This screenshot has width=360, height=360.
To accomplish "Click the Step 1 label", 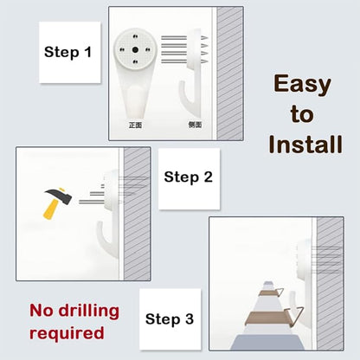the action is point(67,52).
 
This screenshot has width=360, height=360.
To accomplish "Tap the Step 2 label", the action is point(188,177).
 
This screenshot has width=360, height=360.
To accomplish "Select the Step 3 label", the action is point(170,319).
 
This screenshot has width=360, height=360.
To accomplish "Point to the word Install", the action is point(305,145).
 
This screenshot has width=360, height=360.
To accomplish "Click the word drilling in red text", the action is point(89,312).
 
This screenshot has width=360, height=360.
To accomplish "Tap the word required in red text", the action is point(67,333).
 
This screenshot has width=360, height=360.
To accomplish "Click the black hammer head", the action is point(59,196).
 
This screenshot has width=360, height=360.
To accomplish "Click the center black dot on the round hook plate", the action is point(135,50).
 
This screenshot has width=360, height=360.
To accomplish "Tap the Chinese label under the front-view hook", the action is point(135,125).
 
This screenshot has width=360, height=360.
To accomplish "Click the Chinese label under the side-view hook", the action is point(195,125).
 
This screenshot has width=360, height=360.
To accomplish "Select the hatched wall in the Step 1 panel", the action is point(229,74).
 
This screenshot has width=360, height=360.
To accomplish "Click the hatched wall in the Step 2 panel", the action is point(137,214).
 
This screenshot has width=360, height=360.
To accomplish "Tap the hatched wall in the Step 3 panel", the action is point(330,284).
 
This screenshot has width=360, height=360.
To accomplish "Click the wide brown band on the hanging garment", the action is point(267,318).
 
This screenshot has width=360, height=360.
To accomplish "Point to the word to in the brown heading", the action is point(302,114).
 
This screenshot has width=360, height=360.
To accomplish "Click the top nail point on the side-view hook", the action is point(204,37).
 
